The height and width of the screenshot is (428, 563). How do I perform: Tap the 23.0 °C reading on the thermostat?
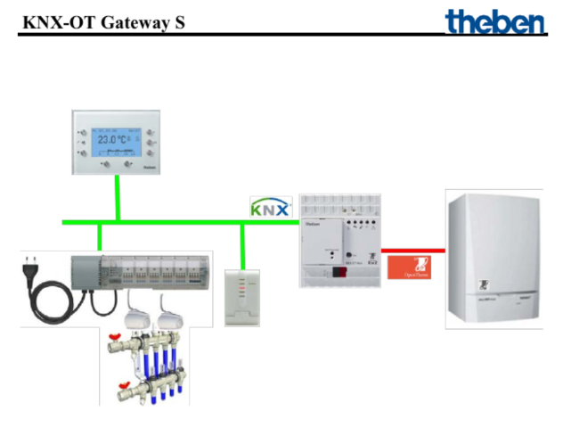coord(113,140)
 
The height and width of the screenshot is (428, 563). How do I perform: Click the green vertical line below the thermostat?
coord(118,198)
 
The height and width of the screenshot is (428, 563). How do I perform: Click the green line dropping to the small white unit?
coord(242,244)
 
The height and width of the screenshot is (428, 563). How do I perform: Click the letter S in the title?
coord(179,21)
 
